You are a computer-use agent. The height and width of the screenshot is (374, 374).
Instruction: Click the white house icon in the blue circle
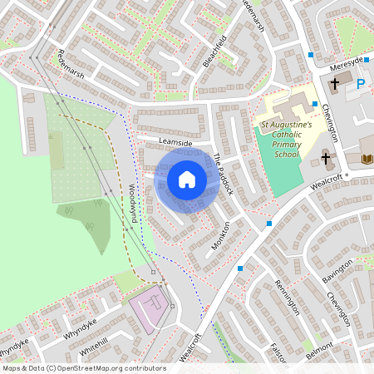point(187,180)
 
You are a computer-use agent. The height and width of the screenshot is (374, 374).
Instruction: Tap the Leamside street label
point(175,144)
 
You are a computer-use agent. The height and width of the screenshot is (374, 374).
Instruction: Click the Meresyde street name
point(347,62)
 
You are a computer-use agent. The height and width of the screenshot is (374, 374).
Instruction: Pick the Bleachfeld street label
point(214,52)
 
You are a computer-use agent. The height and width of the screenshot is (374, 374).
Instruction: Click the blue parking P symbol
point(361,84)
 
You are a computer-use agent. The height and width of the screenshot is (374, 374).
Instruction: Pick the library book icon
point(366,159)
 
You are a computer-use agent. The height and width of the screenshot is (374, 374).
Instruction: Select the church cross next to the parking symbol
point(335,83)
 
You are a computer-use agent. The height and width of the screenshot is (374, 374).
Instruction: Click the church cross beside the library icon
point(326,157)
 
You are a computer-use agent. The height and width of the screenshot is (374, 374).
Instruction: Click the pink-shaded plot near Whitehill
point(148,310)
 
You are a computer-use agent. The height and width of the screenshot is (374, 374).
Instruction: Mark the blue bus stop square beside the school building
point(314,104)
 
